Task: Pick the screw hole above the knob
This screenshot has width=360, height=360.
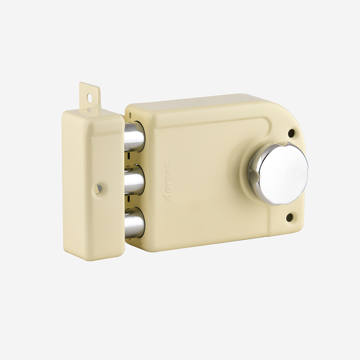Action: [291, 133]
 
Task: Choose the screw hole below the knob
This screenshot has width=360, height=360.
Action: [289, 217]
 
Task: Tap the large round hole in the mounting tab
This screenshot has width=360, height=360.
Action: [89, 97]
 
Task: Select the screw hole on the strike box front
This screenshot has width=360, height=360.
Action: [98, 188]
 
